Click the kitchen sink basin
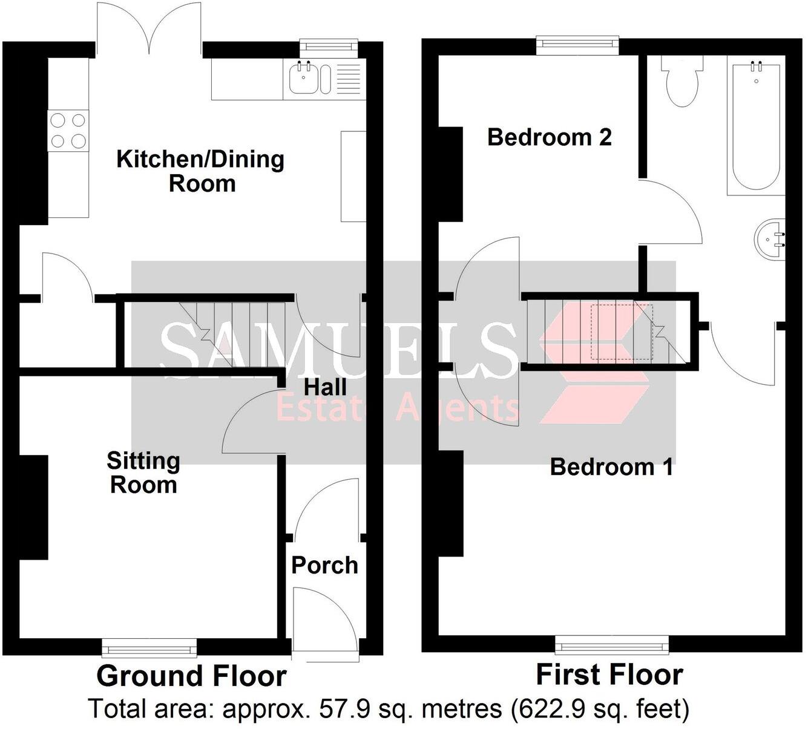(x=303, y=79)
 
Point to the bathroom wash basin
(x=770, y=238)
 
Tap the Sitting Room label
(x=143, y=472)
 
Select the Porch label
(x=324, y=565)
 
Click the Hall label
(x=325, y=387)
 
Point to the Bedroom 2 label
(x=549, y=137)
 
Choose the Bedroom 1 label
(x=611, y=466)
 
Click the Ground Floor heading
(x=191, y=676)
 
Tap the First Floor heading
(x=609, y=674)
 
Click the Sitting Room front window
(x=149, y=649)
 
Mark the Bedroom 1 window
(x=612, y=645)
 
